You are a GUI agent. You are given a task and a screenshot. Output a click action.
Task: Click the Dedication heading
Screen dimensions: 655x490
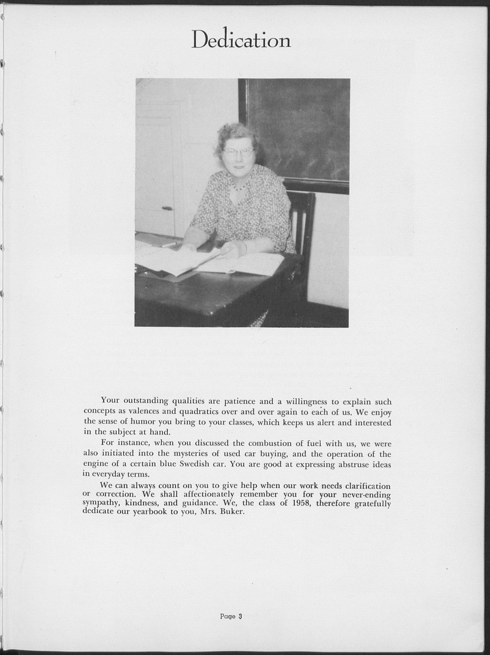click(x=241, y=39)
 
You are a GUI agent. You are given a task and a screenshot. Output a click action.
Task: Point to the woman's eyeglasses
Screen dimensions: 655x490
click(x=239, y=152)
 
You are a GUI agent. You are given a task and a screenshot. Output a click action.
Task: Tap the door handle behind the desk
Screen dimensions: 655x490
click(x=167, y=209)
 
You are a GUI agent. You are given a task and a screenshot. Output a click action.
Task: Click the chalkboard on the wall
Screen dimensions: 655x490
click(x=299, y=130)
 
